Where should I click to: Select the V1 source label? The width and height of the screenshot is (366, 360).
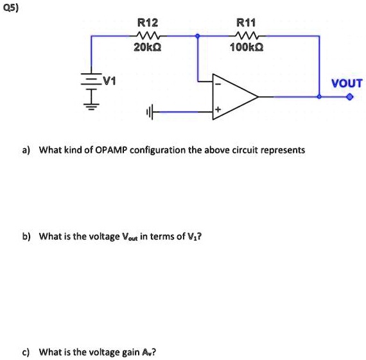[110, 81]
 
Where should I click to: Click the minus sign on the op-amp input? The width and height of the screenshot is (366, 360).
[218, 83]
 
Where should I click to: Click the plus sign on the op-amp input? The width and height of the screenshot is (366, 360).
[218, 111]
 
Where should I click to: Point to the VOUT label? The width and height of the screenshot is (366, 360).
[347, 83]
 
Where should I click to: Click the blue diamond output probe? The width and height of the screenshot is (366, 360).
[349, 98]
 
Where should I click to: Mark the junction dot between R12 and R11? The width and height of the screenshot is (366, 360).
[198, 36]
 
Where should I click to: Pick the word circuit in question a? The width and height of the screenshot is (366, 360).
[232, 150]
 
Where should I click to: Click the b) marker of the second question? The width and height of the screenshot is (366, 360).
[26, 236]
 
